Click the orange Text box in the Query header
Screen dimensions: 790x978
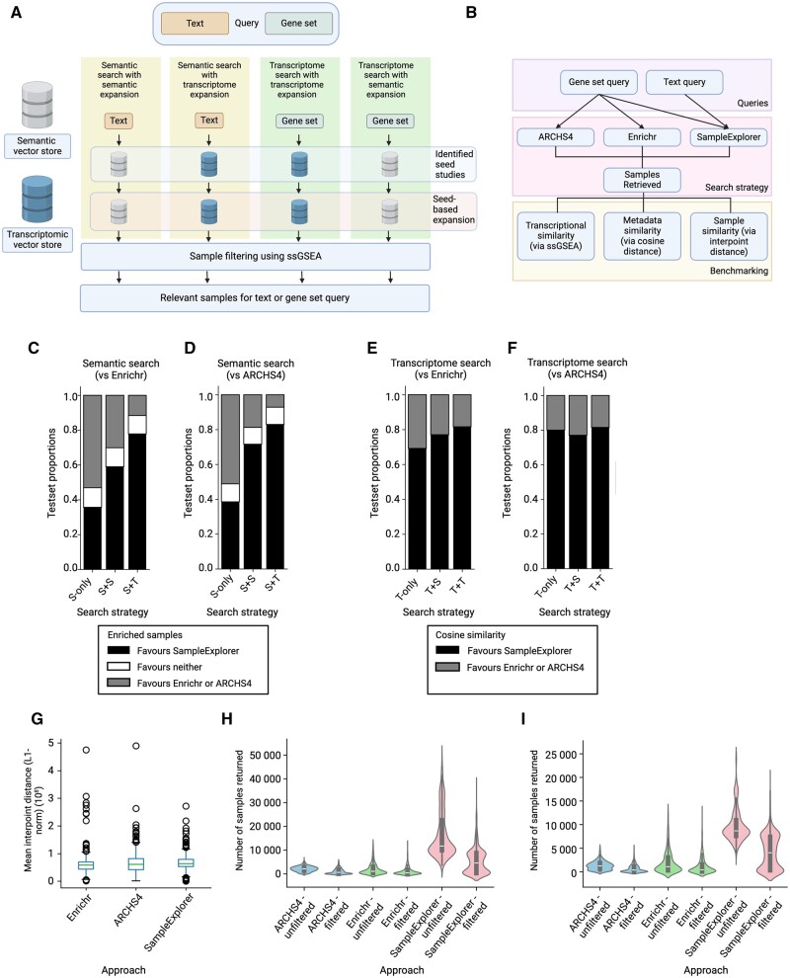[195, 23]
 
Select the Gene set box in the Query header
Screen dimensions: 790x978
[298, 23]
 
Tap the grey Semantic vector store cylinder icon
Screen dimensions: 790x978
[37, 105]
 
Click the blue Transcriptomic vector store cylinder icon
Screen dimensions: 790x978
[37, 199]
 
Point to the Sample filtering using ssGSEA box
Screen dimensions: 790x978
[255, 256]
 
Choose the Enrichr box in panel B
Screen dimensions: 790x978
[642, 136]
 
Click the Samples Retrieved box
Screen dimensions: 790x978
[642, 180]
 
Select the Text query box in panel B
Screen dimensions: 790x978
[684, 82]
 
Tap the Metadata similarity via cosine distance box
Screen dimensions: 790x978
[642, 236]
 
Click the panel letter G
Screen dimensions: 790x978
[38, 719]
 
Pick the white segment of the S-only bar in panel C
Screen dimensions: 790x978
[92, 497]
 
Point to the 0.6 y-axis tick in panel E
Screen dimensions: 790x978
[392, 464]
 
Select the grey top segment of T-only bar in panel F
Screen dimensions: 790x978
[556, 412]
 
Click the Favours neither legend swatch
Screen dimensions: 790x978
[118, 667]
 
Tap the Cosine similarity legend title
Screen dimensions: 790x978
[470, 635]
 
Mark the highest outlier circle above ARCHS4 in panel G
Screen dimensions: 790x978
[136, 746]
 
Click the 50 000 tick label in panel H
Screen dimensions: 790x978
[265, 755]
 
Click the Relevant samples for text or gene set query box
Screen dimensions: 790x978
[255, 298]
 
